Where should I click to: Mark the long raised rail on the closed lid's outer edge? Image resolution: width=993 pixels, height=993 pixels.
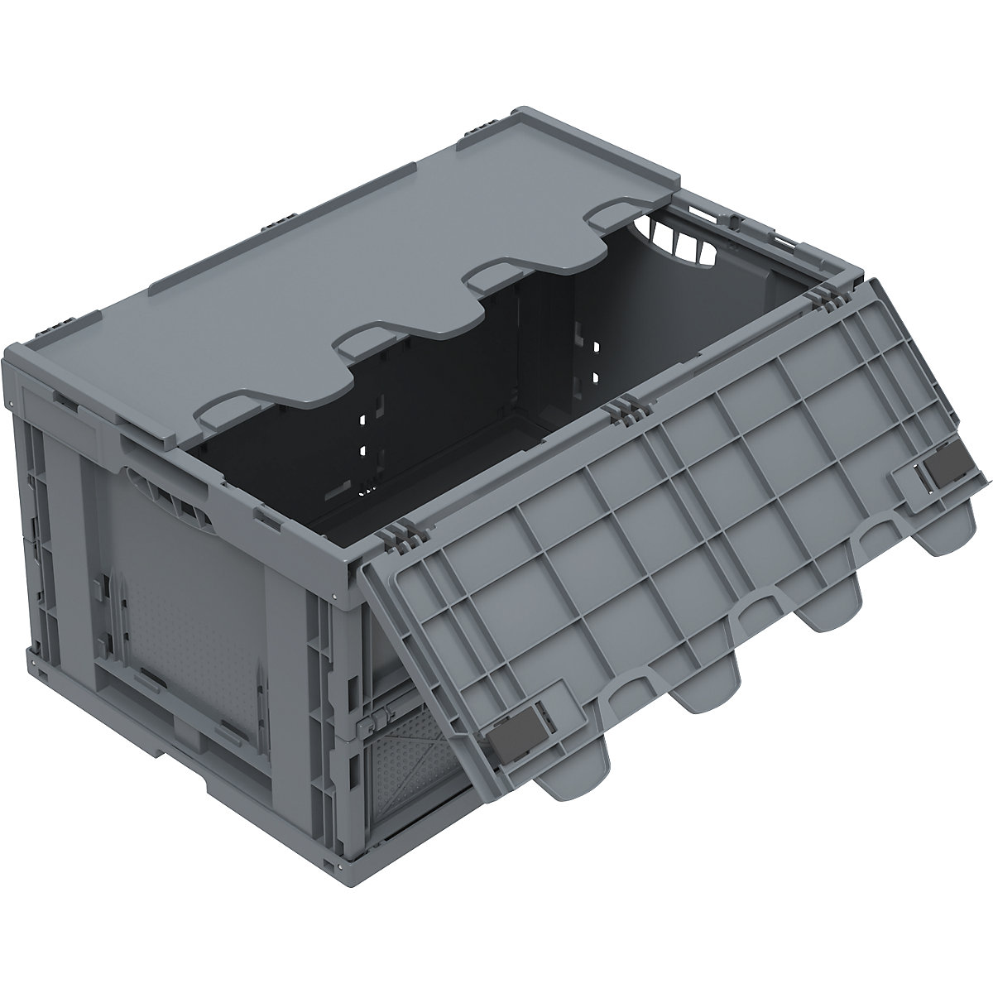pos(306,194)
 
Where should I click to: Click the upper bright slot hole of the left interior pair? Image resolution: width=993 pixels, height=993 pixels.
pos(362,420)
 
